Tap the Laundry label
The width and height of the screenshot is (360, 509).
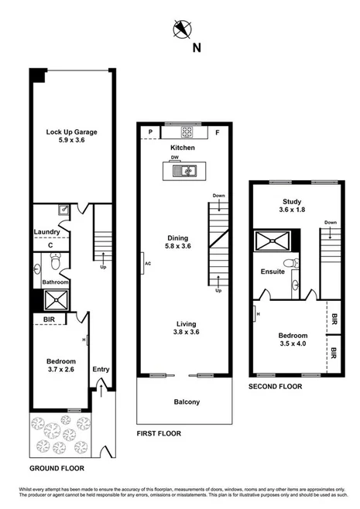[47, 231]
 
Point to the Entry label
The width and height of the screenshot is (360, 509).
[101, 369]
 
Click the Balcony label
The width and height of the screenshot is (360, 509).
[186, 401]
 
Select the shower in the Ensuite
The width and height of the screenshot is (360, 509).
[271, 241]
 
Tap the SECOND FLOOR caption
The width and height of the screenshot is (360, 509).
[275, 386]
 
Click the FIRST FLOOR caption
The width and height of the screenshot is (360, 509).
[159, 434]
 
